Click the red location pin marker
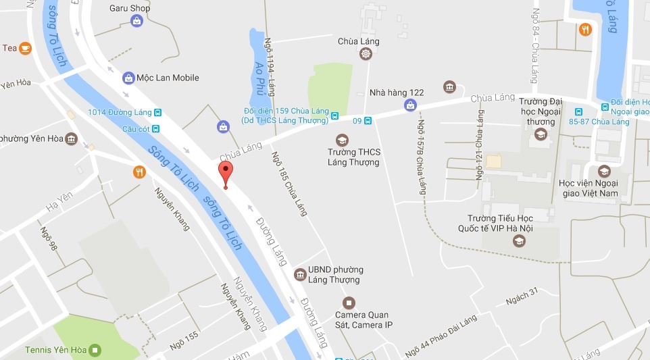coord(226,174)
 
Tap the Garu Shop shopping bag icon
coord(137,21)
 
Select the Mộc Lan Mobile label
coord(168,78)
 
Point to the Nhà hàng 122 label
coord(397,93)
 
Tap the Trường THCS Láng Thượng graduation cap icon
coord(342,140)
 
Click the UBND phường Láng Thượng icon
coord(299,275)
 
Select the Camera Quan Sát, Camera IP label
coord(364,320)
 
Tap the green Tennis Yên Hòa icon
coord(95,350)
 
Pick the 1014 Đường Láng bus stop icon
coord(157,112)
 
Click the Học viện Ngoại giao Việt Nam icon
coord(603,171)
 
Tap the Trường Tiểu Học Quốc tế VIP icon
coord(519,240)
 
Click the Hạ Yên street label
coord(59,201)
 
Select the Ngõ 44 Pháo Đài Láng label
coord(441,336)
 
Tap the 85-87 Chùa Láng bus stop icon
coord(578,112)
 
